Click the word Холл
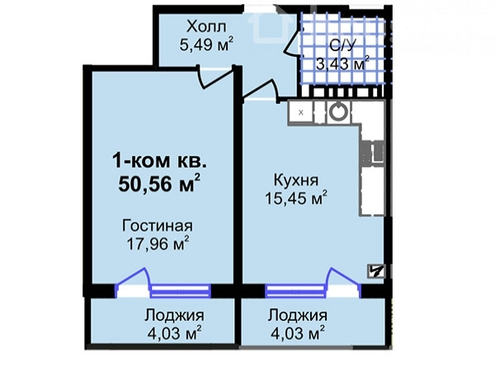(x=206, y=26)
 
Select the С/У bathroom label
(x=342, y=45)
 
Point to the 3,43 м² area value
(x=343, y=63)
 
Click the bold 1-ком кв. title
(x=160, y=162)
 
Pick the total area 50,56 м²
(x=159, y=183)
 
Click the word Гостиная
(x=158, y=226)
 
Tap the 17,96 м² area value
(x=158, y=243)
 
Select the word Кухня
(x=296, y=181)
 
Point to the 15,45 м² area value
(x=296, y=198)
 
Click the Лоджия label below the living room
(x=174, y=316)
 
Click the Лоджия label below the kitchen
(x=297, y=316)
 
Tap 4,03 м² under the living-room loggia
(x=175, y=333)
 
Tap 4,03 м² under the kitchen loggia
(x=298, y=333)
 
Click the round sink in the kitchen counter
(x=338, y=111)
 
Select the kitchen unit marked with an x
(x=300, y=112)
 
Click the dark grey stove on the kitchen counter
(x=373, y=153)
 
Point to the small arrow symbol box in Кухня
(x=375, y=271)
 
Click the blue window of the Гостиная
(x=180, y=291)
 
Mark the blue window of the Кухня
(x=295, y=291)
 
